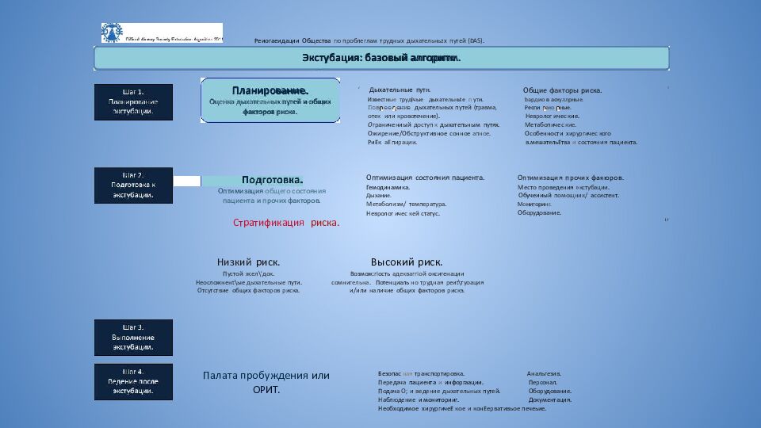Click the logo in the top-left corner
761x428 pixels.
click(x=112, y=32)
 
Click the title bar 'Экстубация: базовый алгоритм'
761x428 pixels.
click(x=381, y=58)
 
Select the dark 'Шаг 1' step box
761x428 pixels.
click(x=133, y=101)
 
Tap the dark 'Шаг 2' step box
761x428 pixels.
click(x=133, y=185)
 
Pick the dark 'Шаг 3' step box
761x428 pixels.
click(x=133, y=337)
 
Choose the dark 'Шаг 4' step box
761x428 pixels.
click(x=133, y=381)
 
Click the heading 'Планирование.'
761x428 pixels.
click(x=270, y=90)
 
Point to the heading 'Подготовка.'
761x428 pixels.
click(x=273, y=180)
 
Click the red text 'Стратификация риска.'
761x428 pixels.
click(x=286, y=223)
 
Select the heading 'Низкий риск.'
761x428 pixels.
click(x=248, y=262)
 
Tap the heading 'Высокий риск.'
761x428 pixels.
click(x=407, y=262)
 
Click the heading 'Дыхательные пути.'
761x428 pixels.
click(x=406, y=90)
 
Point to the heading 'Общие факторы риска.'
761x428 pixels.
click(x=562, y=90)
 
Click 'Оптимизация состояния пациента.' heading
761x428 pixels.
click(x=425, y=178)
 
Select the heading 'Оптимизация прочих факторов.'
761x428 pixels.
click(x=570, y=178)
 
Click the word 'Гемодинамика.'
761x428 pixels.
click(x=388, y=187)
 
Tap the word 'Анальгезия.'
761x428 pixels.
click(x=544, y=373)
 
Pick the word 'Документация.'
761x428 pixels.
click(x=550, y=399)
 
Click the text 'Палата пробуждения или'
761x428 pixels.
click(x=266, y=376)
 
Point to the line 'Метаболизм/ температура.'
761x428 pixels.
click(x=406, y=204)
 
